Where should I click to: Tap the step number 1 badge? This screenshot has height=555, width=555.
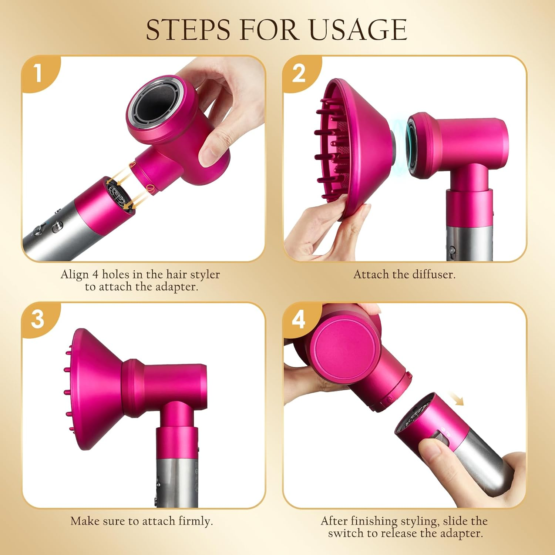pyautogui.click(x=38, y=73)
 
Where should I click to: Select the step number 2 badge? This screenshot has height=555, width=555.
pyautogui.click(x=299, y=73)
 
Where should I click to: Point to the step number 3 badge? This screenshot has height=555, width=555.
pyautogui.click(x=38, y=319)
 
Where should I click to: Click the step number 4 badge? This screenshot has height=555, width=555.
pyautogui.click(x=299, y=319)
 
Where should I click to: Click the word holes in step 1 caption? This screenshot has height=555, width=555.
pyautogui.click(x=116, y=275)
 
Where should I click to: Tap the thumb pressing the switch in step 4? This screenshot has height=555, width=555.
pyautogui.click(x=433, y=453)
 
